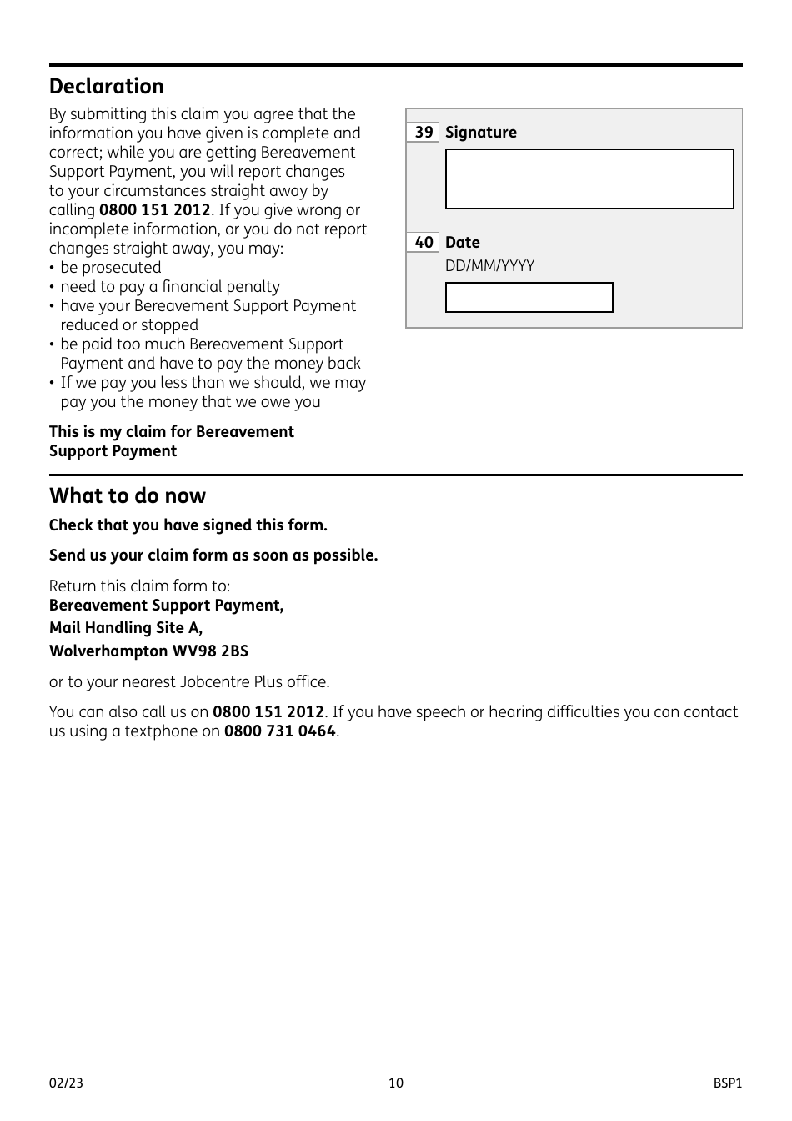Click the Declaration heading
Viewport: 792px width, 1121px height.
click(106, 87)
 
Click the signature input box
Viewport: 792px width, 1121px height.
click(589, 179)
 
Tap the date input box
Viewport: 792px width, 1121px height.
click(529, 298)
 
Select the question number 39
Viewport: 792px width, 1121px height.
click(424, 133)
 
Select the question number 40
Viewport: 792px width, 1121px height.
click(424, 243)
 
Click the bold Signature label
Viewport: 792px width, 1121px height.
click(480, 133)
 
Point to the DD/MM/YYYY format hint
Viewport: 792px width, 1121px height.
click(489, 266)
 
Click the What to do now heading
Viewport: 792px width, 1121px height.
click(128, 496)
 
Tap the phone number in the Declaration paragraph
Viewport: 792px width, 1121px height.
click(154, 210)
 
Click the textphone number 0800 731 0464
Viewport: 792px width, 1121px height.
click(279, 731)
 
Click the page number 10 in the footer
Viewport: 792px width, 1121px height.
click(396, 1083)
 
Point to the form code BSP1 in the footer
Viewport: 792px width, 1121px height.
click(727, 1083)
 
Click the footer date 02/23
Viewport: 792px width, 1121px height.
click(66, 1083)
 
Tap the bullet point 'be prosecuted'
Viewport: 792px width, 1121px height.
click(110, 268)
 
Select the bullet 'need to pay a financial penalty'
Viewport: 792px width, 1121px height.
click(169, 287)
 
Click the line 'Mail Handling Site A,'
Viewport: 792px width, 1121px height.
click(125, 628)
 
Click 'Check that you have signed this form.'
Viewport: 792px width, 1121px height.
click(188, 525)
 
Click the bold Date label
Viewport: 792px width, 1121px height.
click(462, 243)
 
